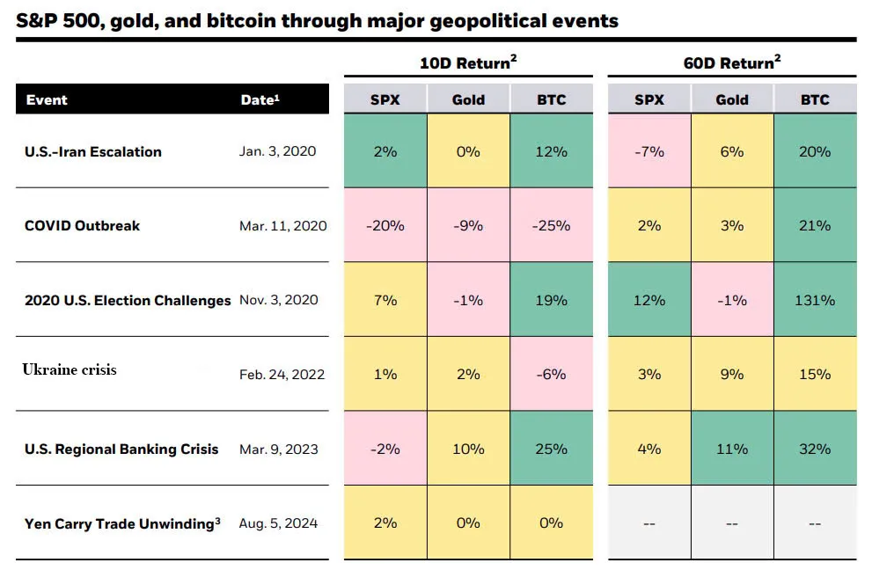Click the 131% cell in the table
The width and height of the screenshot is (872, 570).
tap(815, 300)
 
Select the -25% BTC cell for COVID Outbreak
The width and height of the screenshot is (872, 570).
tap(551, 225)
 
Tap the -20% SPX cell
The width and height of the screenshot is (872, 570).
tap(385, 225)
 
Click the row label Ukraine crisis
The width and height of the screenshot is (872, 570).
tap(70, 369)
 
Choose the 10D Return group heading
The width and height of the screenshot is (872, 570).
tap(467, 62)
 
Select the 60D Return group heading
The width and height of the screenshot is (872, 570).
tap(732, 62)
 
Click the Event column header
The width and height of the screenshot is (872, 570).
tap(47, 99)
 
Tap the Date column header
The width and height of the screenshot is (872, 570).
tap(260, 99)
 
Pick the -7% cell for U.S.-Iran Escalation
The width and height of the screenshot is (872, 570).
tap(649, 151)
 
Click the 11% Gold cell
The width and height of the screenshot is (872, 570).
tap(732, 449)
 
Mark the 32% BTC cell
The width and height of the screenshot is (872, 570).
tap(815, 449)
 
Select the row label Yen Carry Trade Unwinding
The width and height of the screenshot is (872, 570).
tap(122, 523)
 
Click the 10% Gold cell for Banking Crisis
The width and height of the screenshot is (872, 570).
tap(468, 449)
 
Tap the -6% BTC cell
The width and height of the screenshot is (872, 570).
tap(551, 374)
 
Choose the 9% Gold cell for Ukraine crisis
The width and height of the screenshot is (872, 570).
tap(732, 374)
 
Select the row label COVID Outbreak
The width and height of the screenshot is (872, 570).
tap(82, 225)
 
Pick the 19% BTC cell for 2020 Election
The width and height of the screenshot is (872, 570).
tap(551, 300)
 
